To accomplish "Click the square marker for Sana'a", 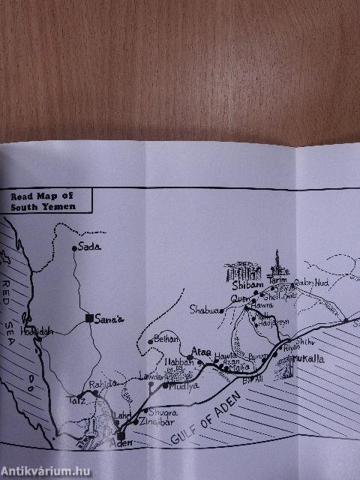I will coord(89,318).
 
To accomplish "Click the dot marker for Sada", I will coord(74,247).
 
